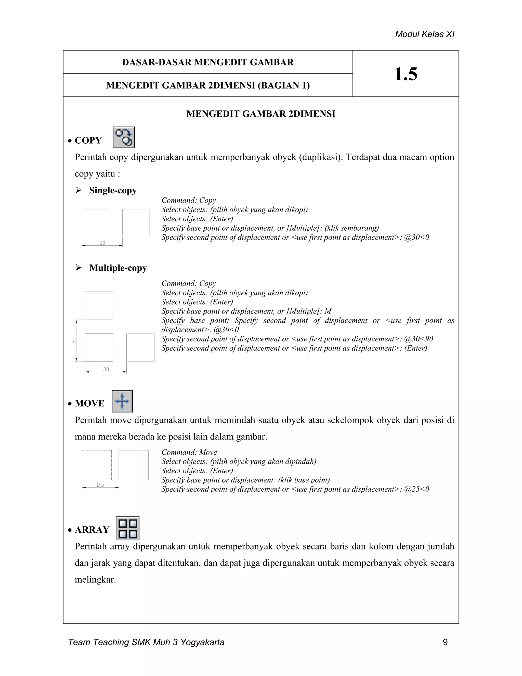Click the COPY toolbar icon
(124, 137)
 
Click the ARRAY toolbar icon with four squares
(128, 528)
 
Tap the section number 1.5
(406, 74)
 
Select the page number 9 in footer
(445, 642)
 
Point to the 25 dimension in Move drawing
(100, 485)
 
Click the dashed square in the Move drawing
(97, 465)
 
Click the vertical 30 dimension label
(74, 341)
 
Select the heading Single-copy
(113, 190)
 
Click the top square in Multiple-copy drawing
(99, 306)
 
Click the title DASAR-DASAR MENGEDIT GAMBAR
(208, 62)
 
